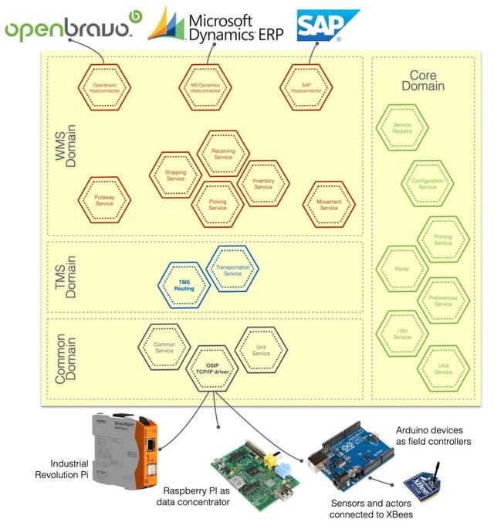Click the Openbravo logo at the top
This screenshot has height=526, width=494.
(x=73, y=29)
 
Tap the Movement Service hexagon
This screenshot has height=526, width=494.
(x=329, y=205)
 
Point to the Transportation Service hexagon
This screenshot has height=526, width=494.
(x=232, y=269)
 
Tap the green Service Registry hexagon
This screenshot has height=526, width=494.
(x=402, y=128)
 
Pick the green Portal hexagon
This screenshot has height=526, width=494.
(x=401, y=269)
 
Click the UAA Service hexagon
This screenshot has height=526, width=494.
(x=443, y=368)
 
